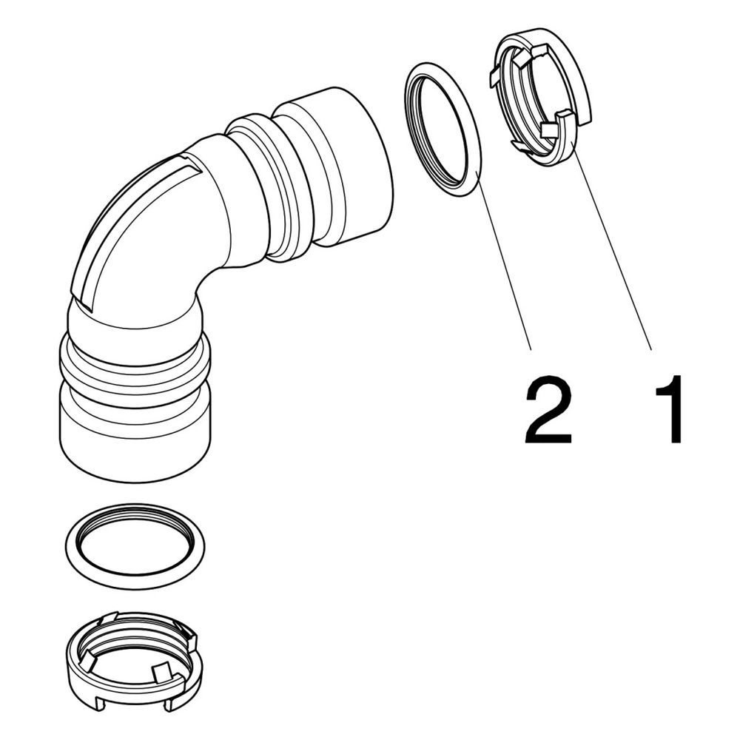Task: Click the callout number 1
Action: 670,409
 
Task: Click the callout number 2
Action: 548,409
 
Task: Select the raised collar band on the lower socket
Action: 135,363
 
